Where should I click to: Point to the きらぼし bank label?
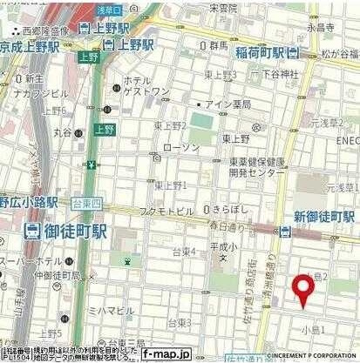[x=231, y=210]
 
